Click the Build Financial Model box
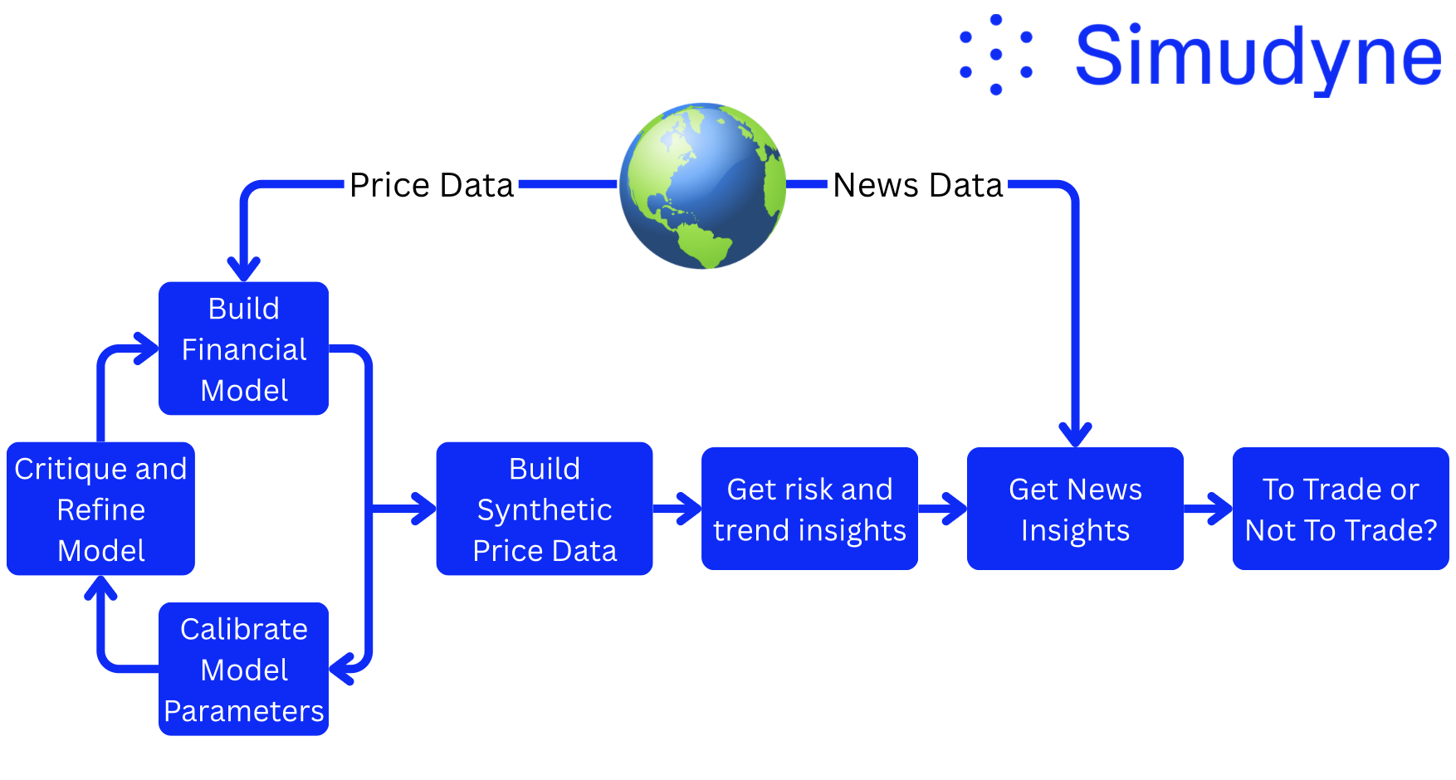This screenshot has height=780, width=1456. [243, 349]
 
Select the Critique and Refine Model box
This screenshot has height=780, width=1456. [100, 509]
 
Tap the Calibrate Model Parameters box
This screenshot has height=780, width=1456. [243, 669]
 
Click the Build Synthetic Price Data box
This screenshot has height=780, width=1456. [544, 509]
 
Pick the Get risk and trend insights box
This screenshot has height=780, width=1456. [809, 509]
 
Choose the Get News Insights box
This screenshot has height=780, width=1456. [1075, 509]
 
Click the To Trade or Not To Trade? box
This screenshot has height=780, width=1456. [1341, 509]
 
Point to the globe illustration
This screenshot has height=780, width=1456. [703, 186]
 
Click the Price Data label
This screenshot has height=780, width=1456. [431, 185]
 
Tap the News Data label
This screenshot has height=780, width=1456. [917, 185]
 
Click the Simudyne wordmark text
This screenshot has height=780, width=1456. [1258, 56]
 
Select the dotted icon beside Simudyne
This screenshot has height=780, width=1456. [995, 55]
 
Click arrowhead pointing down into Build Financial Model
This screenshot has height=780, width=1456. [244, 270]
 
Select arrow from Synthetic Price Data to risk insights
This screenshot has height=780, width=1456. [678, 509]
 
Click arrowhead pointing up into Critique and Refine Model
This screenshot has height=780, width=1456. [101, 587]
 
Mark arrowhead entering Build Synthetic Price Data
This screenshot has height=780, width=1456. [423, 509]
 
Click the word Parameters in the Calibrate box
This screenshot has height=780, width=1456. [243, 711]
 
